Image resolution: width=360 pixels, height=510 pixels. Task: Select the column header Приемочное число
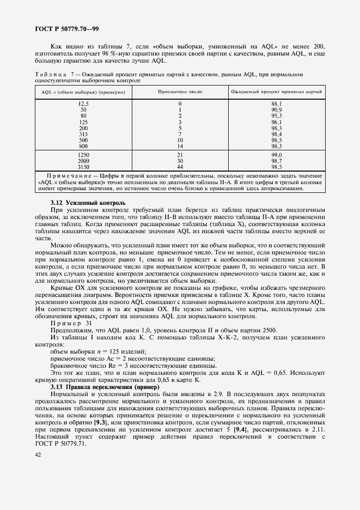180,93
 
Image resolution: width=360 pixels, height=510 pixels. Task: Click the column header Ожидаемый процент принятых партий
277,93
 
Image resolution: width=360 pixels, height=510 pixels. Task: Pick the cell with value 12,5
83,104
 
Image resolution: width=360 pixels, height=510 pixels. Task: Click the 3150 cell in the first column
83,166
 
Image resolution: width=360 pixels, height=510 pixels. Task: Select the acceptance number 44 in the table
180,166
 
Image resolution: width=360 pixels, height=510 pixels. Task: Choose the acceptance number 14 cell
180,146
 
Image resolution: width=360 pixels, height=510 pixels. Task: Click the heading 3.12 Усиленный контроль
88,203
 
